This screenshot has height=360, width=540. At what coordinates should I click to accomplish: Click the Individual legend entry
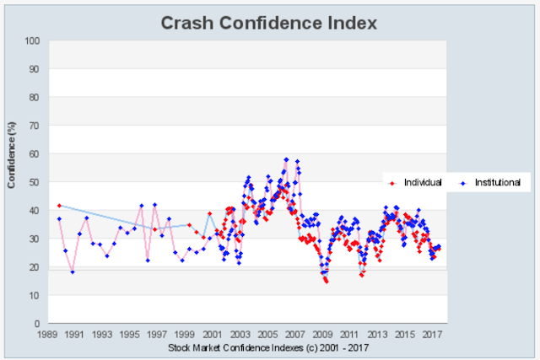click(x=423, y=182)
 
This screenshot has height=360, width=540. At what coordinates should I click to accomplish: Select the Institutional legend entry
click(x=496, y=182)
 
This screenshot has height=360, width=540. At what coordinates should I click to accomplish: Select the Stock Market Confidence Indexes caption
click(x=269, y=347)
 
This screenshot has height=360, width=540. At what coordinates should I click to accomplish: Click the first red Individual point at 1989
click(x=58, y=205)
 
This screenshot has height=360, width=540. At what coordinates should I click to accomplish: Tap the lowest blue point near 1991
click(x=73, y=271)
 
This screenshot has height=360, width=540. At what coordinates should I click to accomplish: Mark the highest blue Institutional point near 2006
click(x=286, y=159)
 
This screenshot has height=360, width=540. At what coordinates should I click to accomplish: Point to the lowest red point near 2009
click(x=326, y=282)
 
